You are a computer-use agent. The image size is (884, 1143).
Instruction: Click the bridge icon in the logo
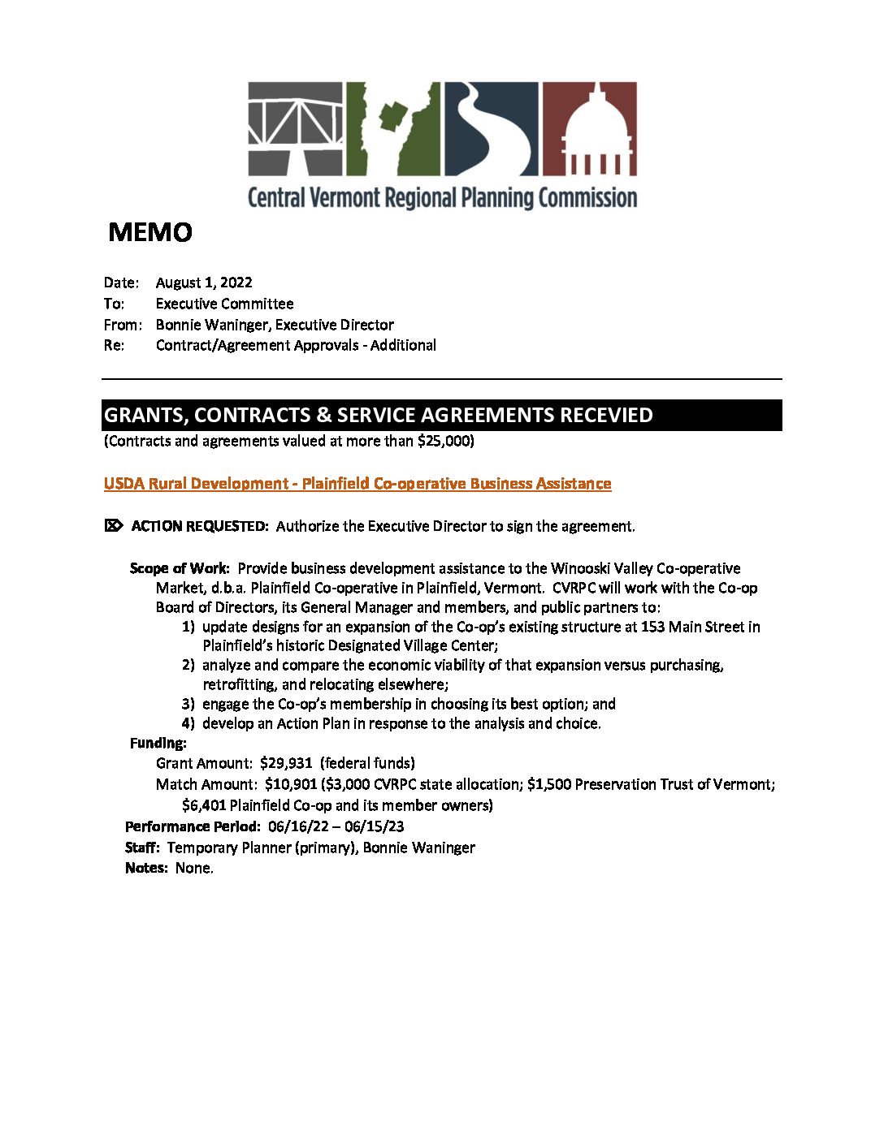[x=295, y=128]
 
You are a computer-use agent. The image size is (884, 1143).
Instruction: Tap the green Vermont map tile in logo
[x=393, y=128]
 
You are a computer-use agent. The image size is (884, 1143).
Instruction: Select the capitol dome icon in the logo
[x=589, y=128]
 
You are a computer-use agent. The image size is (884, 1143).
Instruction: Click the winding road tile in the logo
[x=491, y=128]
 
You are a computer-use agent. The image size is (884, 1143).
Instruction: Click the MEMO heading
[x=150, y=233]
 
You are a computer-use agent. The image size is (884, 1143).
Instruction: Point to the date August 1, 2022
[x=204, y=283]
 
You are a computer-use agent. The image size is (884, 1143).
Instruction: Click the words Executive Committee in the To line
[x=224, y=304]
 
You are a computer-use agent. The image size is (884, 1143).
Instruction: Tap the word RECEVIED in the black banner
[x=603, y=415]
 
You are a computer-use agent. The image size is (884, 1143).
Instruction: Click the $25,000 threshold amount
[x=444, y=441]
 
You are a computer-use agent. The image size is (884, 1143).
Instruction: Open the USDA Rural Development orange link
[x=357, y=484]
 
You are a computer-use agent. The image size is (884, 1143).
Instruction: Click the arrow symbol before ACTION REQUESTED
[x=113, y=525]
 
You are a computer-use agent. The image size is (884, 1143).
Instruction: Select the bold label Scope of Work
[x=179, y=568]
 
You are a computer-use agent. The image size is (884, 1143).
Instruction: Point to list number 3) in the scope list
[x=188, y=704]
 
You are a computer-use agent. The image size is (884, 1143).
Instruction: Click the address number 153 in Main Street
[x=652, y=627]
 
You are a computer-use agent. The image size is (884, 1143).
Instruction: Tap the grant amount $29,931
[x=286, y=763]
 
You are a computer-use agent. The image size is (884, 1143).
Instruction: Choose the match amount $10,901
[x=291, y=784]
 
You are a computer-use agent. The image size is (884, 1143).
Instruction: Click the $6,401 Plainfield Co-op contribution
[x=204, y=805]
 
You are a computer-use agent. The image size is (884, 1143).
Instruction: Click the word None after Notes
[x=193, y=868]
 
